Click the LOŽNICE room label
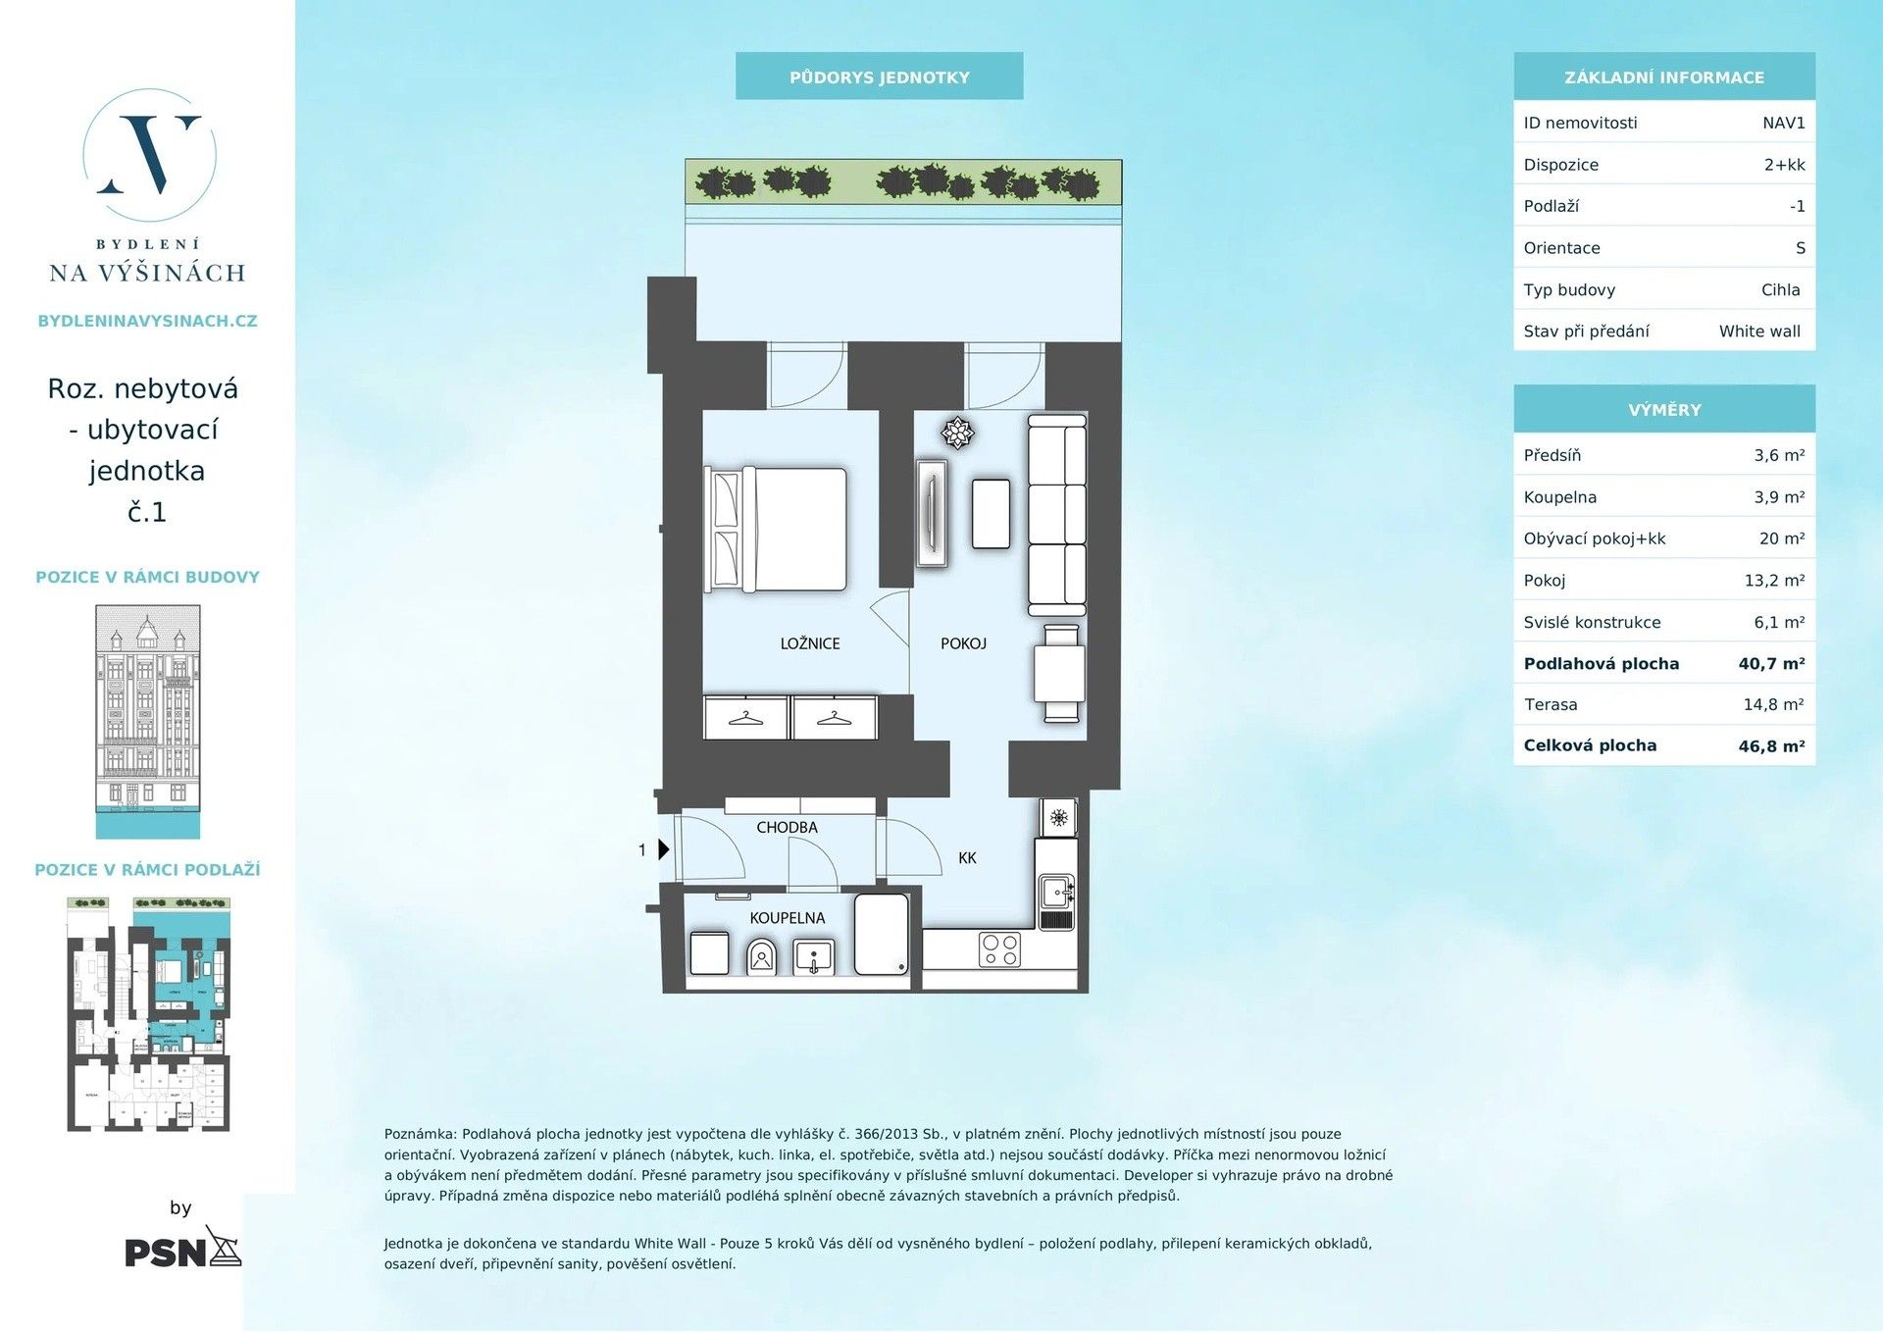coord(809,643)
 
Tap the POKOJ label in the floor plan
coord(962,643)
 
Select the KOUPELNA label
coord(787,918)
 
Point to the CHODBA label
coord(787,827)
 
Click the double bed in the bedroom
coord(777,530)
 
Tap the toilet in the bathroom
coord(761,955)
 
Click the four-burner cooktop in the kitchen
coord(999,948)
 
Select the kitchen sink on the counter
coord(1056,893)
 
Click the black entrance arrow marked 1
coord(663,849)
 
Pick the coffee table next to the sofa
coord(991,513)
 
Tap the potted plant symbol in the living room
coord(957,432)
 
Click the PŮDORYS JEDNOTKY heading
coord(879,77)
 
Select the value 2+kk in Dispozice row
coord(1784,165)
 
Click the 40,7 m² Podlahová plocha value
coord(1771,663)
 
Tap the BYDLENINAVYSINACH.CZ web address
coord(147,321)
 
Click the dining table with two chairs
coord(1059,673)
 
